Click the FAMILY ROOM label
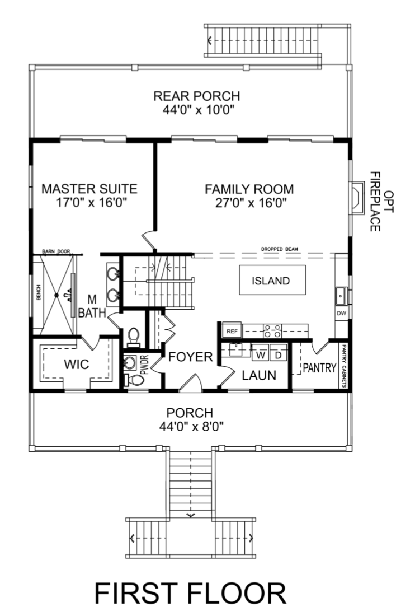(249, 189)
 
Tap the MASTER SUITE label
(89, 189)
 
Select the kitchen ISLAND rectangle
(272, 280)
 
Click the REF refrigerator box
(232, 331)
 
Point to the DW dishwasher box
(341, 313)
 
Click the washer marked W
(260, 355)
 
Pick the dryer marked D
(278, 355)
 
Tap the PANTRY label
(320, 368)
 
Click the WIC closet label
(77, 364)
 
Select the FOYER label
(191, 357)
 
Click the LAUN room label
(259, 375)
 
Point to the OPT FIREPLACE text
(381, 202)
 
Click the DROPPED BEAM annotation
(280, 249)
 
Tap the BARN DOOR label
(56, 251)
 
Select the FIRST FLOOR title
(191, 593)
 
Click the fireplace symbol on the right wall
(357, 198)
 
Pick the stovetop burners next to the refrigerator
(272, 331)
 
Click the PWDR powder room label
(144, 365)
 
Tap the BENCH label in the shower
(39, 292)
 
